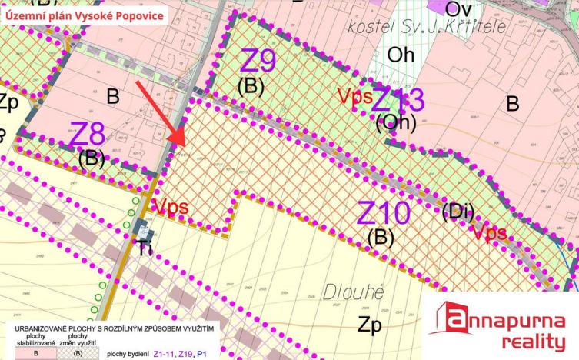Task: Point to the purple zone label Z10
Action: coord(384,212)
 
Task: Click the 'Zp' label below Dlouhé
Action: coord(371,325)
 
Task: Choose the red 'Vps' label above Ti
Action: coord(170,207)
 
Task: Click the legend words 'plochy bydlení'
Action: coord(128,354)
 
